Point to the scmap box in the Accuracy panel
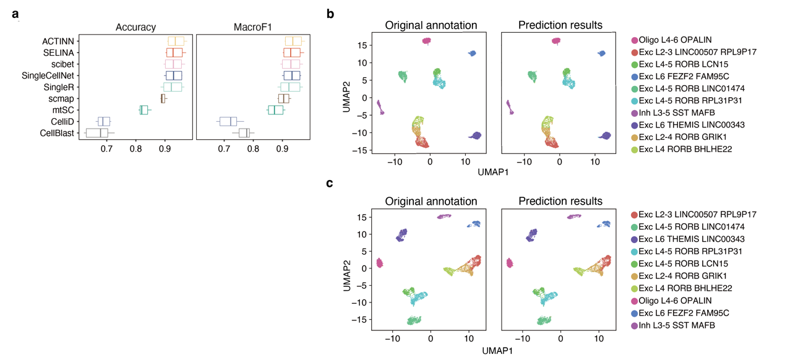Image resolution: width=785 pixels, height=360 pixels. (163, 98)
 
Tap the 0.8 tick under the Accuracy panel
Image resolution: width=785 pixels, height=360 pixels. (135, 149)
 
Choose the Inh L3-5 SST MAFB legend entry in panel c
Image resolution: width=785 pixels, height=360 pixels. (675, 325)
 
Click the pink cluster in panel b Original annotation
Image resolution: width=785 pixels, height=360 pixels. (426, 41)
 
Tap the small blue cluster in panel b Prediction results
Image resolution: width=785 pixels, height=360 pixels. (601, 54)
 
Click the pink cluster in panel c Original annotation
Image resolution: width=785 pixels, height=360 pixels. (380, 263)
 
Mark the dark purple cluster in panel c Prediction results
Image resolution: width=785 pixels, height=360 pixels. (531, 235)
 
